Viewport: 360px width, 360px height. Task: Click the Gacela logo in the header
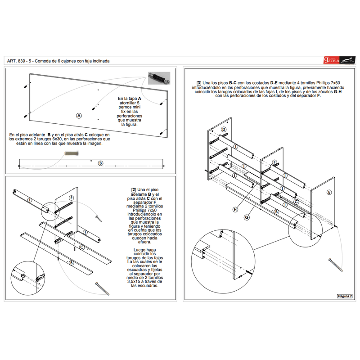click(338, 60)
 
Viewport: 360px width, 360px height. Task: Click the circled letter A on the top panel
click(79, 116)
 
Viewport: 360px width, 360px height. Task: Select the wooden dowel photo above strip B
click(71, 154)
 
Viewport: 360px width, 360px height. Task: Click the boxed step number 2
click(134, 190)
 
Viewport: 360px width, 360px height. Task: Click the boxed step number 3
click(199, 83)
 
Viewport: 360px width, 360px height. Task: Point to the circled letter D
click(223, 130)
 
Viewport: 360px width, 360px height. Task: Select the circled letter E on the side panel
click(329, 192)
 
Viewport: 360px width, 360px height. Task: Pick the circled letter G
click(246, 217)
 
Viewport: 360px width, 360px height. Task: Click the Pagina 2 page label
click(344, 296)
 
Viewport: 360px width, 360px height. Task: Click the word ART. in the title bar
click(12, 61)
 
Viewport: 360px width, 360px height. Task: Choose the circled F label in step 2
click(71, 198)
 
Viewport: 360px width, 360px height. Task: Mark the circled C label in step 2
click(82, 247)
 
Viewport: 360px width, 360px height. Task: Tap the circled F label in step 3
click(274, 162)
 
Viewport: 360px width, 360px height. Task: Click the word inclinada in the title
click(100, 61)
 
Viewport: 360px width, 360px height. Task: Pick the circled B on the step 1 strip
click(100, 163)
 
